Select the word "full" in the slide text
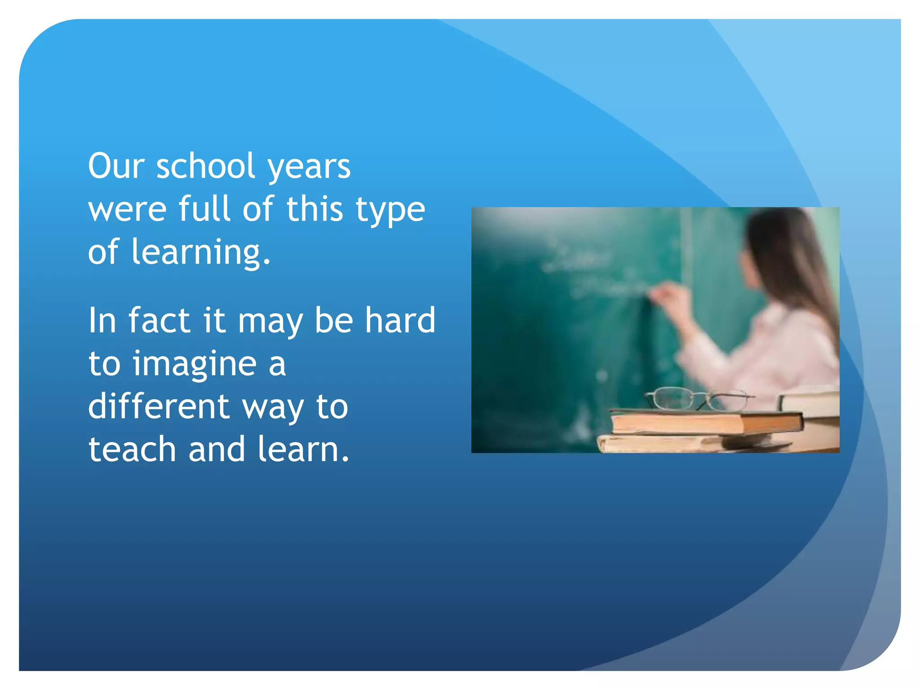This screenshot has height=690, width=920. pos(204,208)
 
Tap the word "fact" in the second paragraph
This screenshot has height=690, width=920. pos(159,320)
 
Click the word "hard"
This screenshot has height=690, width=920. pos(400,320)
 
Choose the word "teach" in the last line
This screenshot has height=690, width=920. pos(132,449)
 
